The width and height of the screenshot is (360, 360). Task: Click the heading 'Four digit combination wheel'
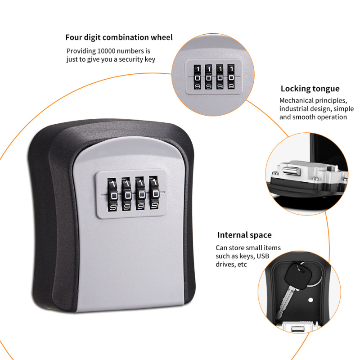click(119, 37)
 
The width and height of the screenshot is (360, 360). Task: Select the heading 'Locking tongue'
click(310, 89)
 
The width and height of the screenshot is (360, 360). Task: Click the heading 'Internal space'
click(244, 235)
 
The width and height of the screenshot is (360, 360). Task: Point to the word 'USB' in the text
click(263, 256)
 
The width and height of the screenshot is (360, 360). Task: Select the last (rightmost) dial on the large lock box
click(154, 193)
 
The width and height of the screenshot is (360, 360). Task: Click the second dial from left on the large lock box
click(127, 194)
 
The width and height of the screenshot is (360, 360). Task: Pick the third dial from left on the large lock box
click(141, 193)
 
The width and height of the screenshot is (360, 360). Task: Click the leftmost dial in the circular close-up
click(197, 77)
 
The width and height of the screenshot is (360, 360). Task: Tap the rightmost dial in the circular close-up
click(231, 76)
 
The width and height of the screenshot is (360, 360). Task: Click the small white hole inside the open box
click(310, 300)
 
